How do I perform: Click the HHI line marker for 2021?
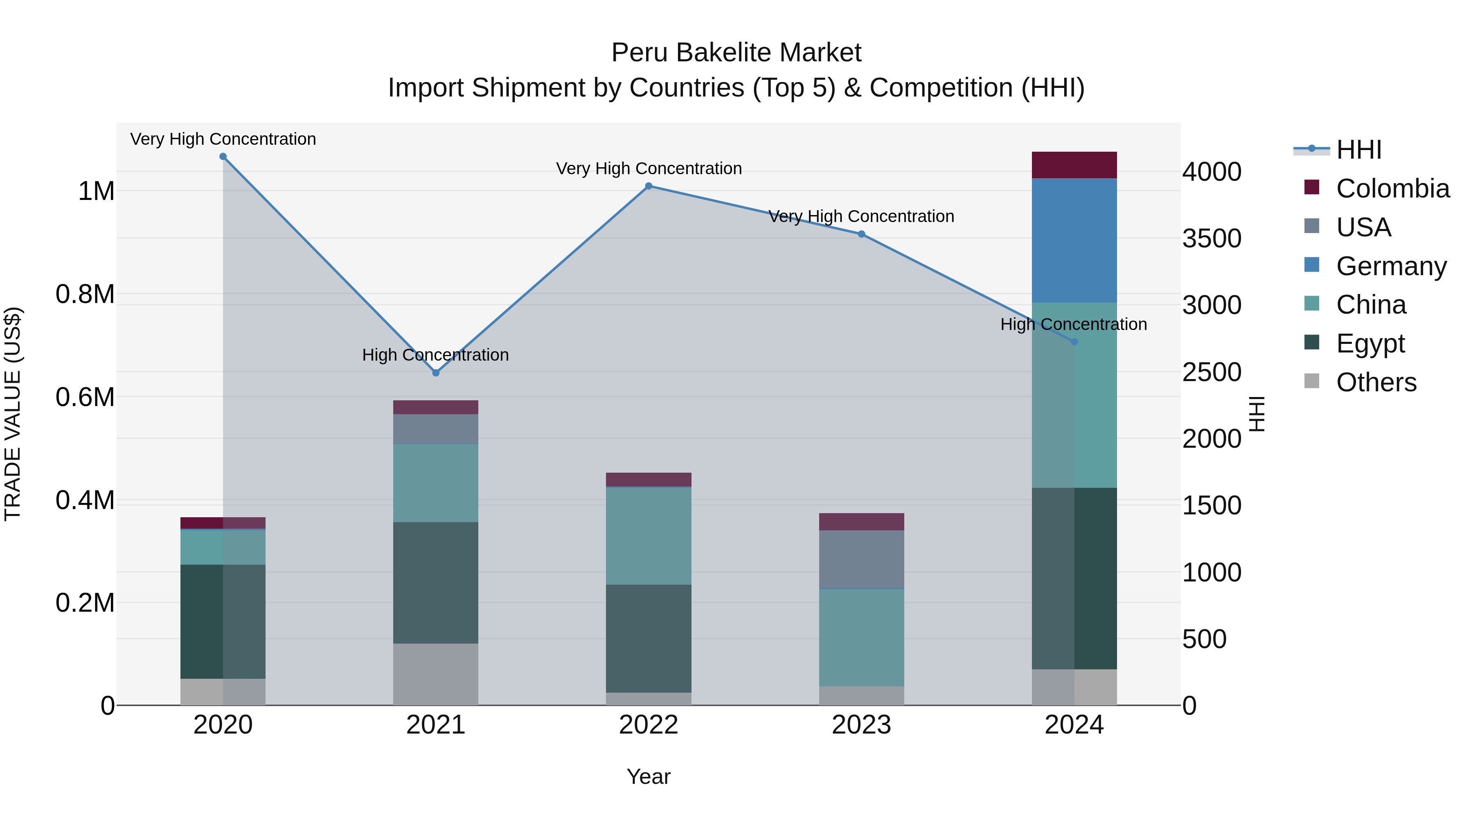pyautogui.click(x=436, y=372)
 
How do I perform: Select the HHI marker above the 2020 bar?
pyautogui.click(x=223, y=157)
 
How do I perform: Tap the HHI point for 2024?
pyautogui.click(x=1074, y=342)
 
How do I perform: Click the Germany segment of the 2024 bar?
pyautogui.click(x=1074, y=240)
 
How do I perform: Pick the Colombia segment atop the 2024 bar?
pyautogui.click(x=1074, y=165)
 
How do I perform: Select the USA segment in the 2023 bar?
pyautogui.click(x=861, y=559)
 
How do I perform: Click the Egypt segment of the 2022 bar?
pyautogui.click(x=649, y=638)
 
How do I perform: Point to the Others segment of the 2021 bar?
pyautogui.click(x=436, y=674)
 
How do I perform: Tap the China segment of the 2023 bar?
pyautogui.click(x=861, y=637)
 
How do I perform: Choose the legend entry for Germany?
pyautogui.click(x=1391, y=266)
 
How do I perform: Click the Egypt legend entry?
pyautogui.click(x=1369, y=343)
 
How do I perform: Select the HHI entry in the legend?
pyautogui.click(x=1358, y=150)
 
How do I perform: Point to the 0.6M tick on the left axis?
pyautogui.click(x=85, y=397)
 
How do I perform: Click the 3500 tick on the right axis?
pyautogui.click(x=1212, y=238)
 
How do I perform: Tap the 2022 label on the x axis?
pyautogui.click(x=649, y=725)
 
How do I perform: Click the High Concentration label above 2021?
pyautogui.click(x=435, y=355)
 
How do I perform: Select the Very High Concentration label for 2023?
pyautogui.click(x=861, y=217)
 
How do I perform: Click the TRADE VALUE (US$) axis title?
pyautogui.click(x=13, y=414)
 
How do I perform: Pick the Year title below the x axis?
pyautogui.click(x=649, y=776)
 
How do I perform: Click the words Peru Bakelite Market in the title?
pyautogui.click(x=736, y=53)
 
